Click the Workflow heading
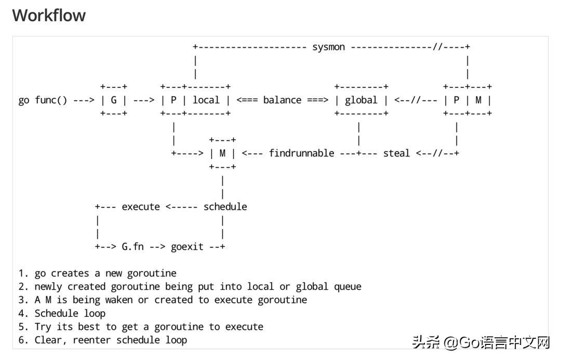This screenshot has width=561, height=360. tap(49, 16)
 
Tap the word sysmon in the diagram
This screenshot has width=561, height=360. tap(328, 47)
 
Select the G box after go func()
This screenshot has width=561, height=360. tap(114, 100)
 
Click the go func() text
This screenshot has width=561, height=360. tap(43, 100)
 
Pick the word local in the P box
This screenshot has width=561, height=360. tap(206, 100)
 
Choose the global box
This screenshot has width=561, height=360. tap(361, 100)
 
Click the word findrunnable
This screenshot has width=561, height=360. tap(301, 153)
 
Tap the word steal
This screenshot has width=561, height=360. tap(396, 153)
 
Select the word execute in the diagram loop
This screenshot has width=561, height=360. tap(141, 207)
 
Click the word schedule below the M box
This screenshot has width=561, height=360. tap(225, 207)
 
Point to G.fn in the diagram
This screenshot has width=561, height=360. tap(132, 247)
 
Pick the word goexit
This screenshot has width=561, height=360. tap(187, 247)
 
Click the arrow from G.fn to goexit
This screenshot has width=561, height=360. tap(157, 247)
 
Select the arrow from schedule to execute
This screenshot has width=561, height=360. tap(181, 207)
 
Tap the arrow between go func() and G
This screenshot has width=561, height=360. tap(83, 100)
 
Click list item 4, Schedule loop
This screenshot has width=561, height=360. tap(70, 313)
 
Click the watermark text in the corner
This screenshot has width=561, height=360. tap(481, 343)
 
